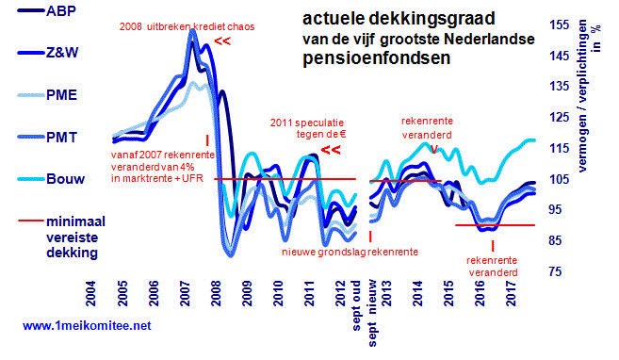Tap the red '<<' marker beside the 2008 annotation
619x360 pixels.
click(x=224, y=41)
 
